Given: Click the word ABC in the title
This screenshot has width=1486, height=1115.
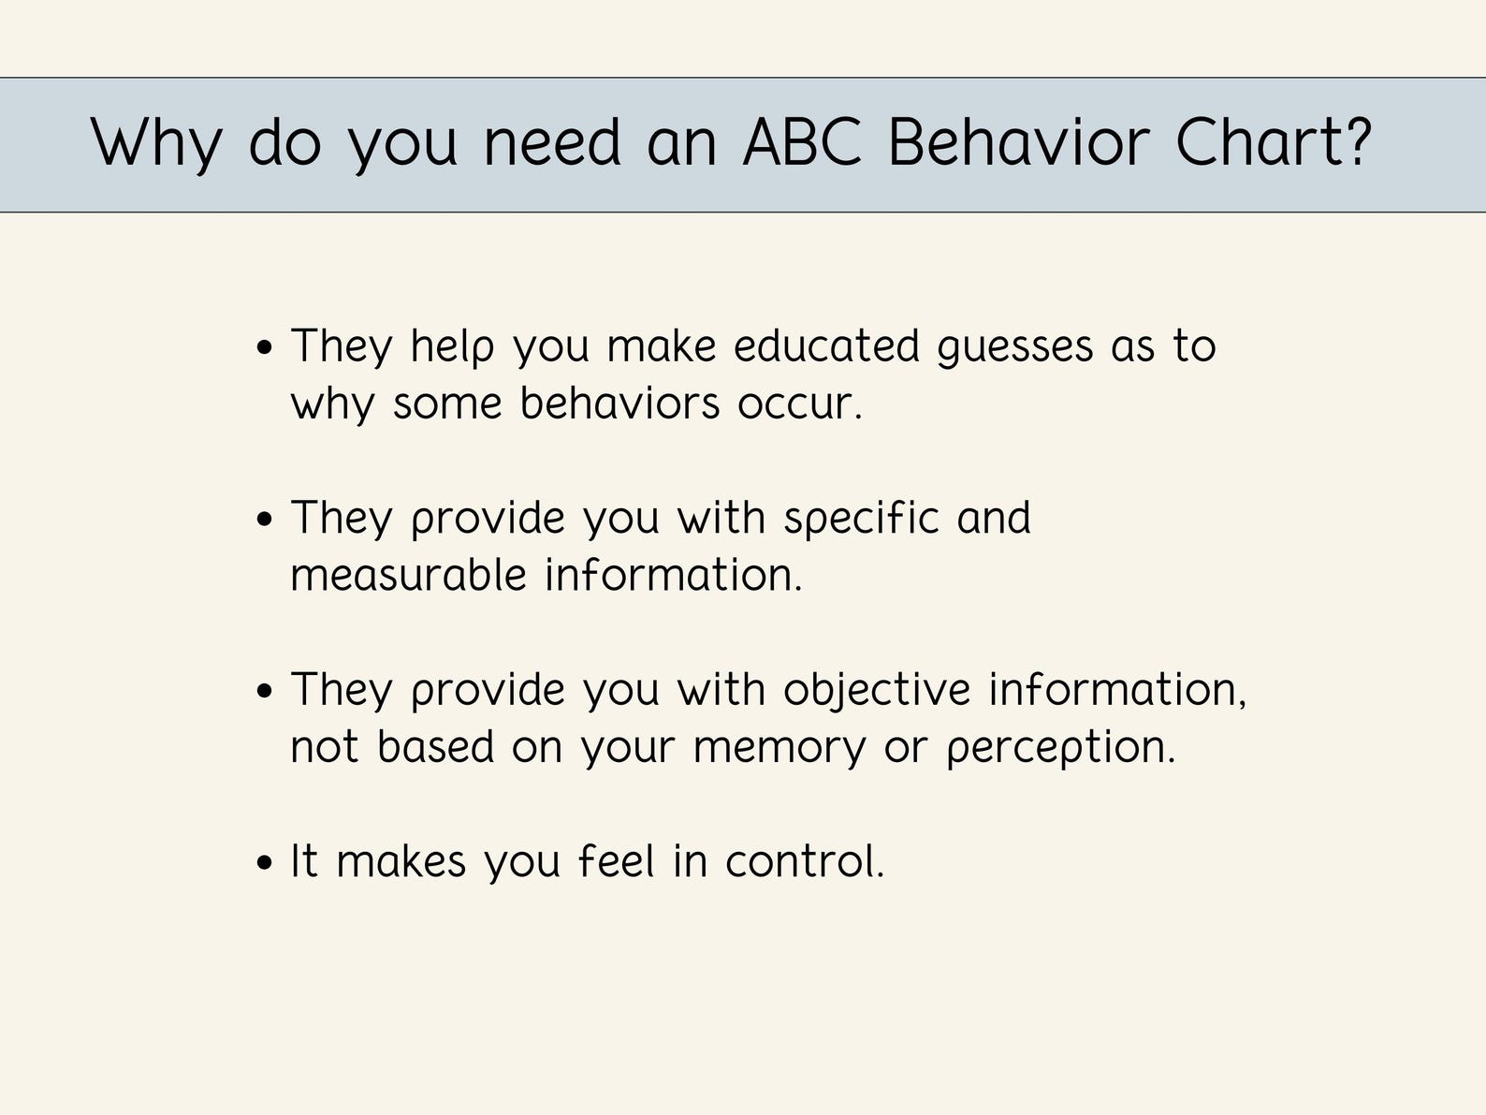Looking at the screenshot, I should [802, 142].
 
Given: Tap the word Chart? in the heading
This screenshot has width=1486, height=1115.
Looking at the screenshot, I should [1273, 142].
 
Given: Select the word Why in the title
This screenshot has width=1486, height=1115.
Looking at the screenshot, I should [156, 144].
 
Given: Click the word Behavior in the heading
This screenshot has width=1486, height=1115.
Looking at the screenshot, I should [1018, 142].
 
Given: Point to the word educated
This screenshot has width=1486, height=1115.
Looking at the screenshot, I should [826, 346].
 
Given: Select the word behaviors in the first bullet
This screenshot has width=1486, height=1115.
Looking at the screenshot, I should [619, 403].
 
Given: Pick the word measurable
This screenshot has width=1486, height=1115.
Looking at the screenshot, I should [408, 575].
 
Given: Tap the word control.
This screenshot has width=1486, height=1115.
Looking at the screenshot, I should [804, 861].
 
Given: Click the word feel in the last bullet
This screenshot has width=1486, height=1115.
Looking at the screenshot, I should [616, 861].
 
